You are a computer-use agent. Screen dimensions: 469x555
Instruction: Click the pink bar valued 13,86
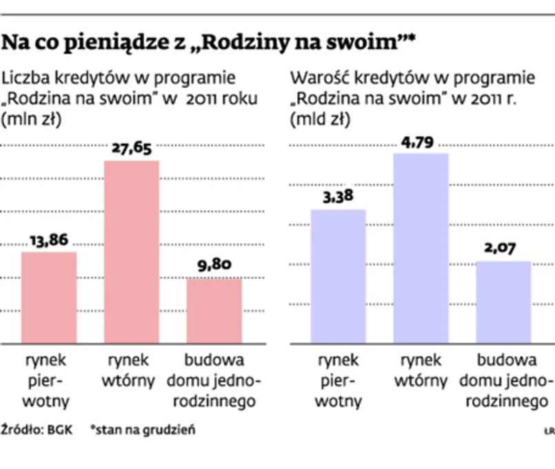click(x=49, y=297)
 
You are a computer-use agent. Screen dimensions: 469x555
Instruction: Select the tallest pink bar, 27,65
click(x=131, y=251)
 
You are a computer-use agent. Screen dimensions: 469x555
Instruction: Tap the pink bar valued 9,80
click(x=214, y=310)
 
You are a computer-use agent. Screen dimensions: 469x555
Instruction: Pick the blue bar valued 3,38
click(x=338, y=275)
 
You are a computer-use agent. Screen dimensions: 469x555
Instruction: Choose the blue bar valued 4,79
click(x=421, y=248)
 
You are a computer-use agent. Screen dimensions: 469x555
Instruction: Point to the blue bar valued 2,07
click(x=503, y=302)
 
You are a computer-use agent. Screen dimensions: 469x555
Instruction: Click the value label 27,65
click(x=131, y=147)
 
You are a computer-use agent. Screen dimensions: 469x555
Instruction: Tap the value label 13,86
click(x=49, y=240)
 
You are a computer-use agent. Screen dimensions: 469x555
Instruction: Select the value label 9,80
click(x=214, y=265)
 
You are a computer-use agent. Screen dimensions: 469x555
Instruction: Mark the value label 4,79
click(x=421, y=142)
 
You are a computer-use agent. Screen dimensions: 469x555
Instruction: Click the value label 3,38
click(x=338, y=197)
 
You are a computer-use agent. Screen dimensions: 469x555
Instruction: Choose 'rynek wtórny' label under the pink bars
click(x=131, y=371)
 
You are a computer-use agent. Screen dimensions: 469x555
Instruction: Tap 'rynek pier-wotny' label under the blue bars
click(x=339, y=380)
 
